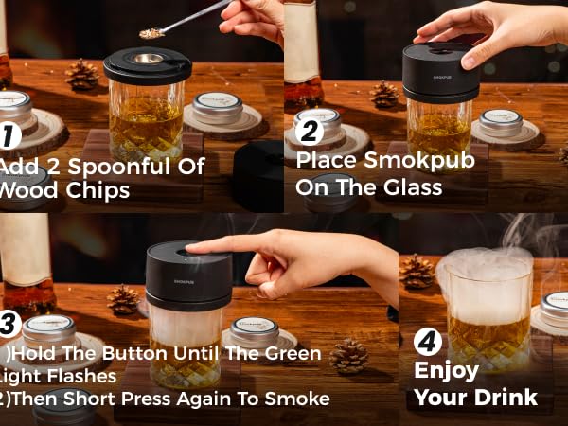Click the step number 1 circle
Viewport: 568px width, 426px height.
[9, 135]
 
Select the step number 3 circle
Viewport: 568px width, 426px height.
[9, 324]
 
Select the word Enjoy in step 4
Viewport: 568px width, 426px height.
[446, 369]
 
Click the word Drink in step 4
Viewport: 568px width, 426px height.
[503, 397]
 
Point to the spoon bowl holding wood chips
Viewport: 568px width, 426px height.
[151, 33]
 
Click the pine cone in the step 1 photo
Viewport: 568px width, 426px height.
[81, 75]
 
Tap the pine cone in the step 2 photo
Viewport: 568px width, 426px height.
[384, 94]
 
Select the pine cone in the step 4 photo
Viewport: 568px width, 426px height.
[417, 271]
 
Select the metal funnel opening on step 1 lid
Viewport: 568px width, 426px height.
[148, 59]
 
